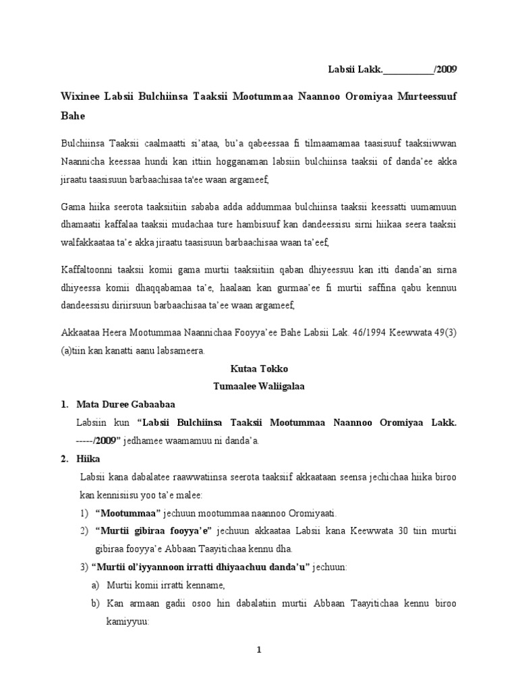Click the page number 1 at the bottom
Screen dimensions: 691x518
258,650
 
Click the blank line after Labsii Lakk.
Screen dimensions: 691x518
408,70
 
